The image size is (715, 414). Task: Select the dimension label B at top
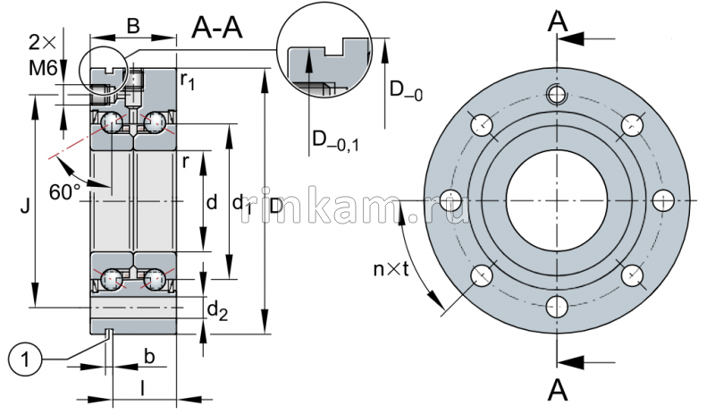[132, 27]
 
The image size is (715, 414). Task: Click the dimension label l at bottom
[142, 387]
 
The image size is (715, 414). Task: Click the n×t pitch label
[391, 268]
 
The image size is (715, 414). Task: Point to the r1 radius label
[188, 82]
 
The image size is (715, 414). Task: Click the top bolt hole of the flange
[556, 94]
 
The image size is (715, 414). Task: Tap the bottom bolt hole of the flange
[556, 305]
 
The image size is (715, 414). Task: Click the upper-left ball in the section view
[112, 123]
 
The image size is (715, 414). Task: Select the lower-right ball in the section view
[157, 278]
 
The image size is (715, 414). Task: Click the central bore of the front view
[556, 199]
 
